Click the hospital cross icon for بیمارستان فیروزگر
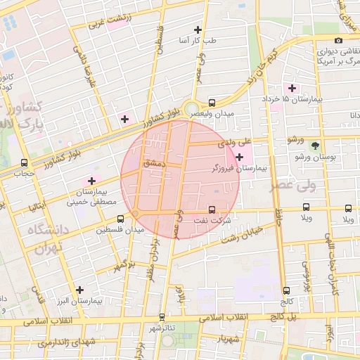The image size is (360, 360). point(240,156)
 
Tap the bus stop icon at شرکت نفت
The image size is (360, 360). point(212,210)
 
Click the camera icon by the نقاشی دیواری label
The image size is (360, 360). point(339,41)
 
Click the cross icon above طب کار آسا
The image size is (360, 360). point(198,30)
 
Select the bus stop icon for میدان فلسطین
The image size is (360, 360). point(121,219)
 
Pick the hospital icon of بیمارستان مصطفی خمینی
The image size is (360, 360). point(91,181)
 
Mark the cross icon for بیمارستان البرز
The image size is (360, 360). point(79,289)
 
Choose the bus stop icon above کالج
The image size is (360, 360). point(285,290)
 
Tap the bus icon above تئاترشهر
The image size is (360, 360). point(163,317)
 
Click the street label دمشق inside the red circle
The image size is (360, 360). point(153,162)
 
